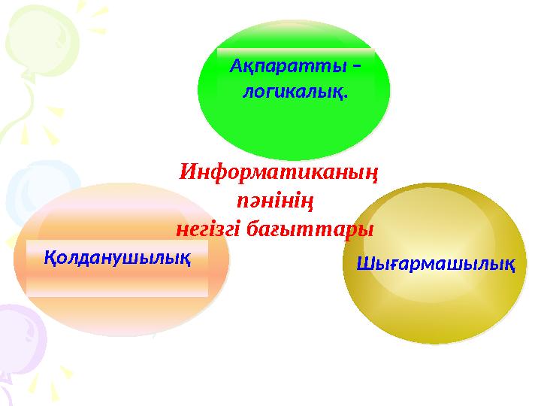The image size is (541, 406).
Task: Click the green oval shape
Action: point(293,128)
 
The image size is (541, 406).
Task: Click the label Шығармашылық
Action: point(434,265)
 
